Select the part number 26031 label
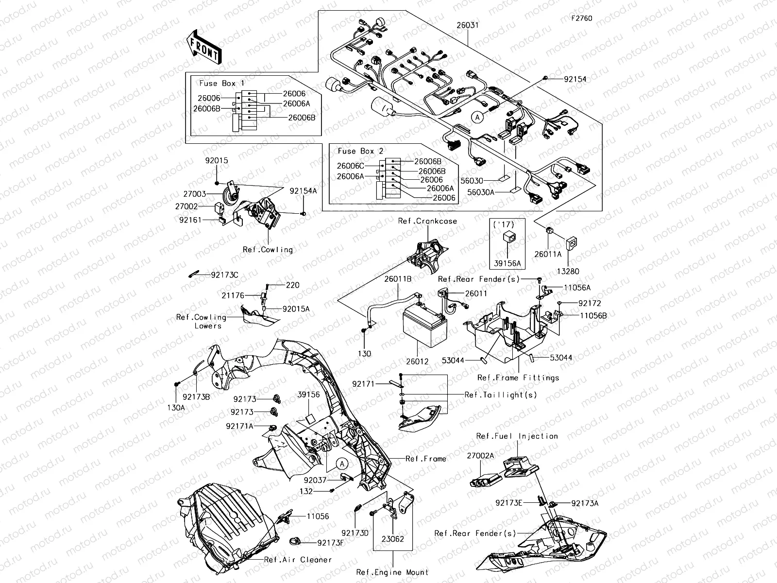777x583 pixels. click(467, 25)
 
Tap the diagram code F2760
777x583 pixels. click(581, 18)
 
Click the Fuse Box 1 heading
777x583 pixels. click(222, 83)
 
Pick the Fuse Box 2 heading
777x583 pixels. click(361, 151)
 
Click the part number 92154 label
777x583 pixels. click(575, 79)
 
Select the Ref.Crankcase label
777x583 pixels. click(427, 221)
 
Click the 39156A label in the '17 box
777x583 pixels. click(507, 263)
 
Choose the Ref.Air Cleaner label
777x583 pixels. click(298, 560)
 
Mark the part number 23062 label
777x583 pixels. click(392, 539)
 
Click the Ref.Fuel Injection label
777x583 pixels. click(517, 436)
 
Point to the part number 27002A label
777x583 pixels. click(480, 456)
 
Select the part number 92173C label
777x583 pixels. click(224, 275)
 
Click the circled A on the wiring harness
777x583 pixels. click(478, 117)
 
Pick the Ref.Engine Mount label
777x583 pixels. click(392, 572)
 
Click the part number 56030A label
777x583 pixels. click(481, 192)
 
